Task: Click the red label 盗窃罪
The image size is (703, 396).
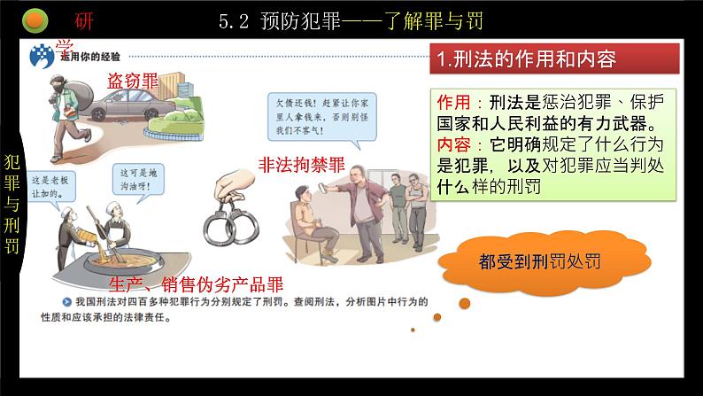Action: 134,80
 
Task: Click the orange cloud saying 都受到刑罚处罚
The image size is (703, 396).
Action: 539,262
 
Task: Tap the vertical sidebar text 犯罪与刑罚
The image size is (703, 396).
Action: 12,204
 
